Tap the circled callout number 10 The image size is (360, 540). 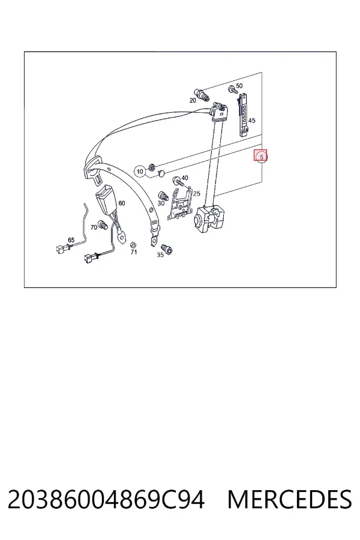(140, 171)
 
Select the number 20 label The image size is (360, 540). (193, 100)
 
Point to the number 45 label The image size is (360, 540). (252, 121)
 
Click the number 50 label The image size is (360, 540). (239, 86)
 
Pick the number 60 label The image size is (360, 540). (122, 203)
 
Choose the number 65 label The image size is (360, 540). (71, 240)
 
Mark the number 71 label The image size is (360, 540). (134, 252)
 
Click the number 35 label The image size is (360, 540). (160, 255)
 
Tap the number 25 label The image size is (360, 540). (196, 194)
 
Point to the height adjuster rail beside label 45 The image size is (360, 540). (243, 113)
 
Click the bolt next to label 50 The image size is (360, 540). (233, 90)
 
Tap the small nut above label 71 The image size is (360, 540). (132, 245)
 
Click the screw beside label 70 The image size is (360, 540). (103, 224)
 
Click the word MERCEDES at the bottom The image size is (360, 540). (290, 499)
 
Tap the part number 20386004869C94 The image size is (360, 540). (106, 499)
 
